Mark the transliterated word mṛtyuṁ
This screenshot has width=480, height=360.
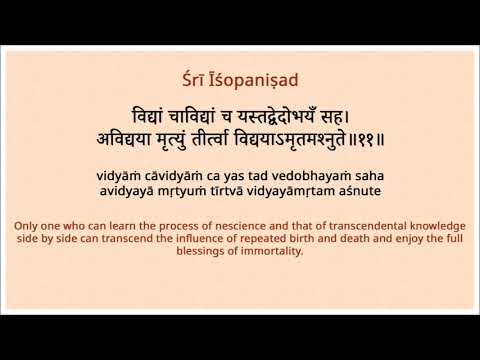point(184,189)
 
